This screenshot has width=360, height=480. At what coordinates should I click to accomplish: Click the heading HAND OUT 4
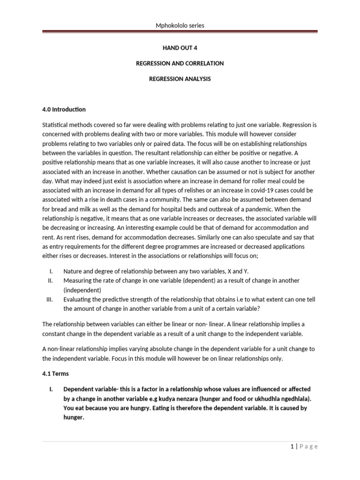coord(180,47)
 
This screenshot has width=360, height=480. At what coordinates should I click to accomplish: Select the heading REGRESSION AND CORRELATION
coord(180,63)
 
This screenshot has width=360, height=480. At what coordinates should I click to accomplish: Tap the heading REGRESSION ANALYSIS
coord(180,79)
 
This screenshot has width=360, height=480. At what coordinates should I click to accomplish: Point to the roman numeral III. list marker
coord(51,299)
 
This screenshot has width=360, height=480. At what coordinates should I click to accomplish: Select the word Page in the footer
coord(307,447)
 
